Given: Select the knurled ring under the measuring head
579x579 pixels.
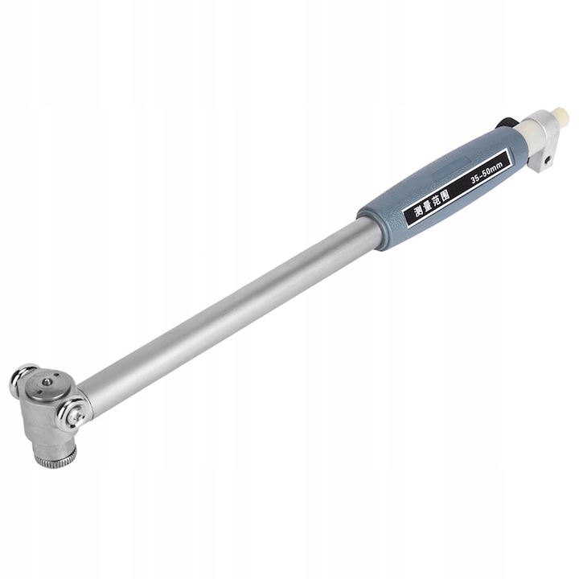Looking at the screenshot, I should click(55, 458).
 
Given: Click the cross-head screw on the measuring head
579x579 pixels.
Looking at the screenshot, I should click(75, 416).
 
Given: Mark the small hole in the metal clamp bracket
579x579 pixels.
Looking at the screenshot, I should click(548, 160).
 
